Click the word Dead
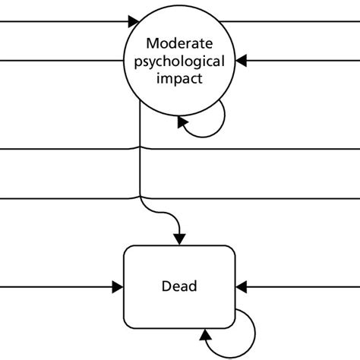(179, 286)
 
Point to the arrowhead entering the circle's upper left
(134, 21)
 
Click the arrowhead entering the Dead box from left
(118, 286)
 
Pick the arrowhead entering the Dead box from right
(242, 286)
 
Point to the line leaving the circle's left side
(61, 58)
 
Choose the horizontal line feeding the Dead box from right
(304, 286)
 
